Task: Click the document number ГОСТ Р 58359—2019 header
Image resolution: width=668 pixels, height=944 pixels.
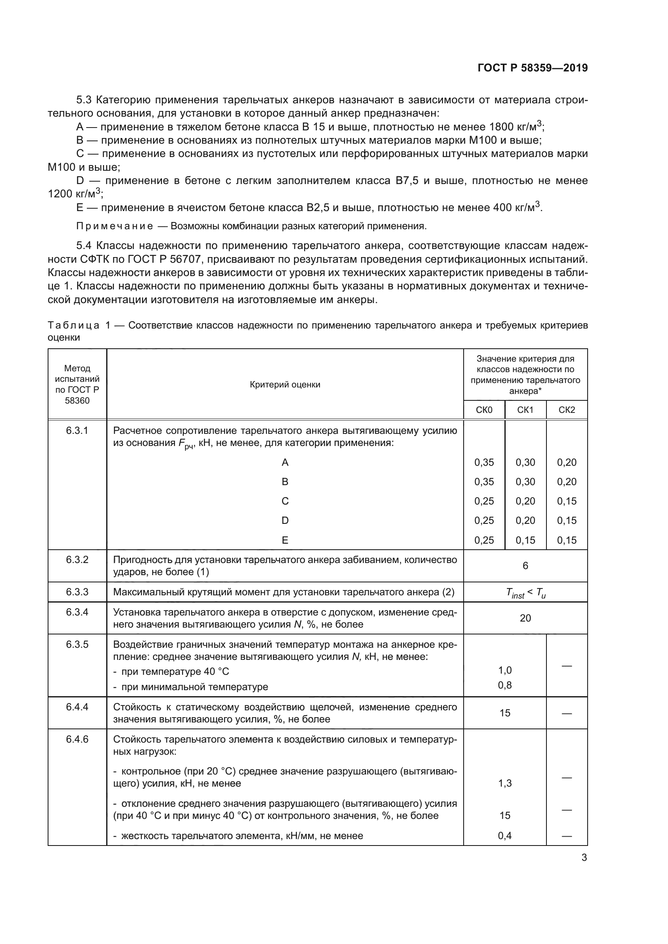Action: (x=532, y=68)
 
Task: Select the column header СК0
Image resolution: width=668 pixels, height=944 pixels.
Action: (x=484, y=410)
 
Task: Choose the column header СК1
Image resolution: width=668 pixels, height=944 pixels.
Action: (x=525, y=410)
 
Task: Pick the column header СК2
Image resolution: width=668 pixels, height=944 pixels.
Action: (x=566, y=410)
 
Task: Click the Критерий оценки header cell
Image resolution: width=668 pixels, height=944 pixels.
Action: (x=285, y=385)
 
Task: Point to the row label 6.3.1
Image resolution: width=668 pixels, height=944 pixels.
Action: (x=77, y=431)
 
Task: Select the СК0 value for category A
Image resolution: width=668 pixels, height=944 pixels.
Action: (x=484, y=462)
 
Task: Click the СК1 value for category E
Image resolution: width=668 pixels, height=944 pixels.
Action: (x=525, y=540)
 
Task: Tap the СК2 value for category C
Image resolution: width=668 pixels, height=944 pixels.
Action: (x=566, y=501)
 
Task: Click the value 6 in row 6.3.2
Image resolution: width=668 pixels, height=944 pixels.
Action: (x=525, y=566)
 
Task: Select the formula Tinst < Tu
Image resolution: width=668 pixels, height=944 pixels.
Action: (x=525, y=593)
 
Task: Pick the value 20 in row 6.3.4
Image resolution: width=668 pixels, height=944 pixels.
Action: (x=525, y=618)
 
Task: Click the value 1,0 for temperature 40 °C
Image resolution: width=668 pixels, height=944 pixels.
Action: (x=505, y=670)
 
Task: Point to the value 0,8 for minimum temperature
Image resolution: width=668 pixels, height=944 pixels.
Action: (x=505, y=685)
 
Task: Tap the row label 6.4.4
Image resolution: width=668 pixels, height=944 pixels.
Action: (x=77, y=707)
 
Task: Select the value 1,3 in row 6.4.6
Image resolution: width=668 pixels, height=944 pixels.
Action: (x=505, y=783)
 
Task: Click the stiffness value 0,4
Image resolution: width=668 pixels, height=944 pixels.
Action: (x=505, y=835)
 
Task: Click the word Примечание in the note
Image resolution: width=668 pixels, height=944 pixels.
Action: (x=114, y=226)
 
